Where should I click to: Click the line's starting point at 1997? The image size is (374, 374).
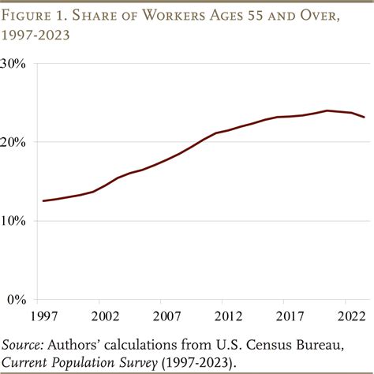click(x=43, y=200)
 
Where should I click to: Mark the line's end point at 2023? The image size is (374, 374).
click(x=364, y=118)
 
